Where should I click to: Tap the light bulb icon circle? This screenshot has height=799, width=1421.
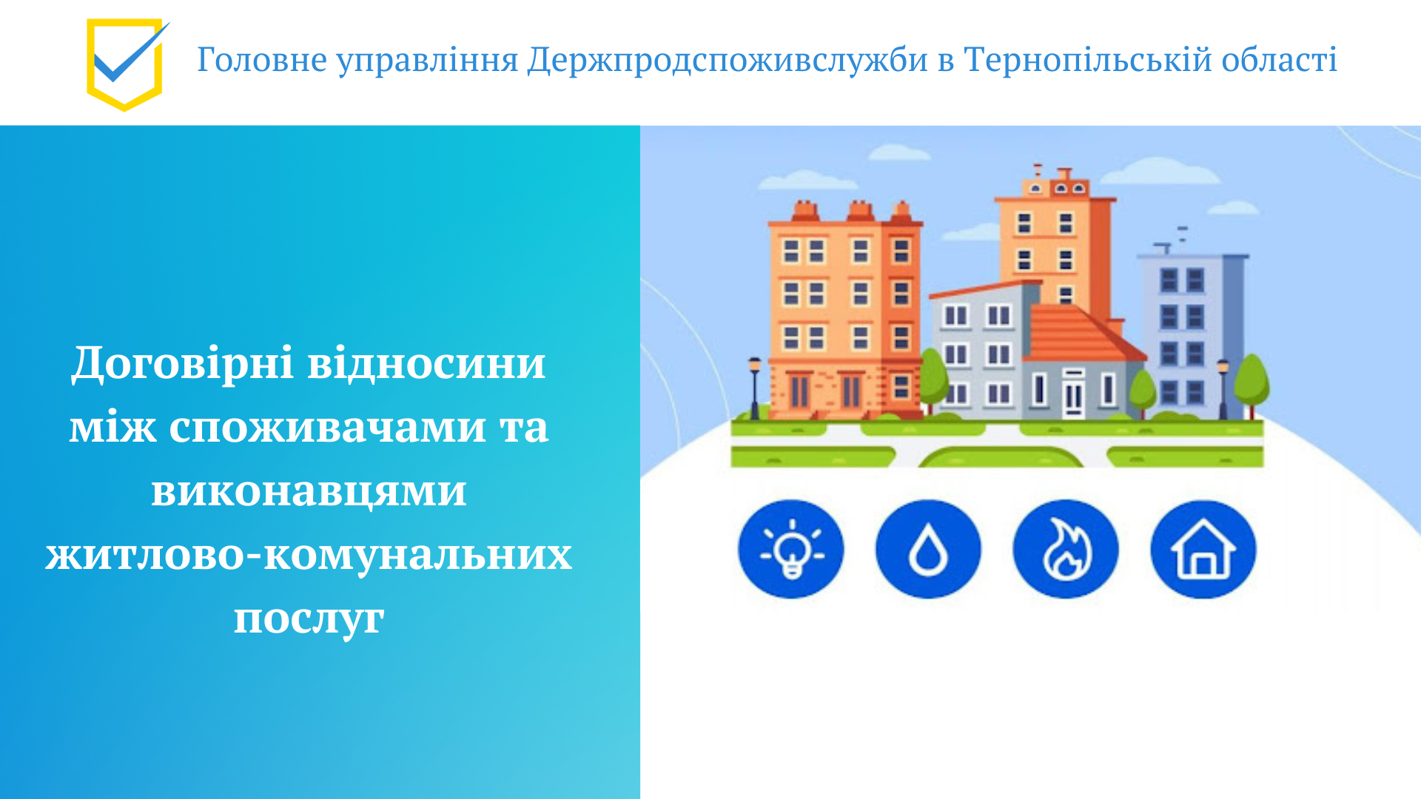point(790,550)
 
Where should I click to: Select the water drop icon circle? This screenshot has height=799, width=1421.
point(928,550)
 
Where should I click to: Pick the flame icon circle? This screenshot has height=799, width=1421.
point(1066,550)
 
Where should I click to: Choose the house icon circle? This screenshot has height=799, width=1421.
point(1203,550)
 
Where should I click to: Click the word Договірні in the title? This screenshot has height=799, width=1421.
point(183,364)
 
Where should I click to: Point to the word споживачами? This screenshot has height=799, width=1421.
point(327,428)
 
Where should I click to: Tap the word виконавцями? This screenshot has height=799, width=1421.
point(309,491)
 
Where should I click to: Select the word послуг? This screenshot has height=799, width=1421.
point(309,618)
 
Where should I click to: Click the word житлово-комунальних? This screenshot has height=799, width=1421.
point(309,555)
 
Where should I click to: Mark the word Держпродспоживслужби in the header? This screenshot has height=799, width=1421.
point(728,60)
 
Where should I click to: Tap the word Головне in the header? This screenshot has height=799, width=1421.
point(262,60)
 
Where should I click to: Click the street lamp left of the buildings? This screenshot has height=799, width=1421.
point(755,388)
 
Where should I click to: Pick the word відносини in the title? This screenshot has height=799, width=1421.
point(426,364)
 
